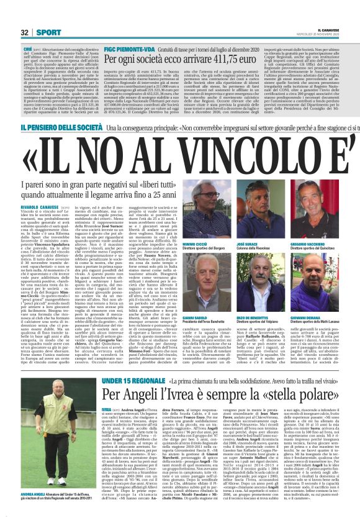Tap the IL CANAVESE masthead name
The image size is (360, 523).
coord(338,28)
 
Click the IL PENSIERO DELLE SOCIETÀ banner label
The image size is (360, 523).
coord(51,126)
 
